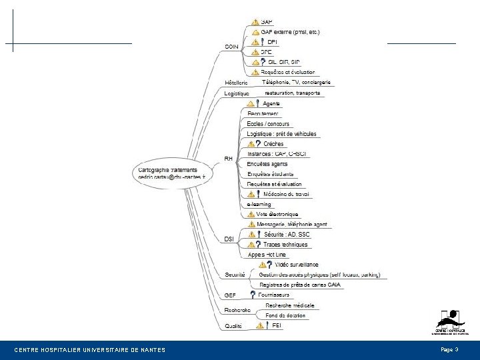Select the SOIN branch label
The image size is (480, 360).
pos(231,46)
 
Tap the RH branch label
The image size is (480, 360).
pos(228,159)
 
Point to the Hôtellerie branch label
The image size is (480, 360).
pos(236,83)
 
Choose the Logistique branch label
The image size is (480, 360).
pos(237,94)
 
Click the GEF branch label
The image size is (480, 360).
pos(230,295)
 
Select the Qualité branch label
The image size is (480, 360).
pos(233,326)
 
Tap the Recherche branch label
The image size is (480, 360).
pos(237,310)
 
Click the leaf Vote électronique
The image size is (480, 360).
pos(277,214)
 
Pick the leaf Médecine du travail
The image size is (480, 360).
pos(287,194)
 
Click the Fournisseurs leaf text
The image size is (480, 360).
pos(275,295)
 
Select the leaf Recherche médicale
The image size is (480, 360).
pos(289,305)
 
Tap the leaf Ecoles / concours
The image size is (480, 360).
pos(268,124)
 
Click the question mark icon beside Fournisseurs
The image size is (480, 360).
pos(253,295)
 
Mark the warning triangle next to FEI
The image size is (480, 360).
pos(257,325)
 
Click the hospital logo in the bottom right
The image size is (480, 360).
pos(450,323)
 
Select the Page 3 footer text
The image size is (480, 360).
pos(449,349)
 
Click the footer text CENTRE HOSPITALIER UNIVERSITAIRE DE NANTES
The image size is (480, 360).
pos(90,350)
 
